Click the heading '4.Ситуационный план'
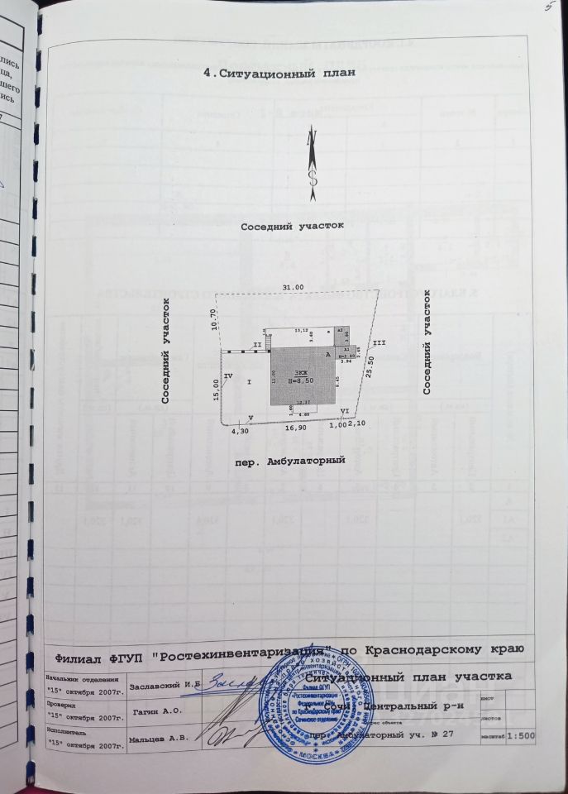tap(279, 74)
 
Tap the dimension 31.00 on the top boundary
tap(294, 286)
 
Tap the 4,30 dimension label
tap(240, 431)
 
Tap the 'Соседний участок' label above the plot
tap(294, 226)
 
